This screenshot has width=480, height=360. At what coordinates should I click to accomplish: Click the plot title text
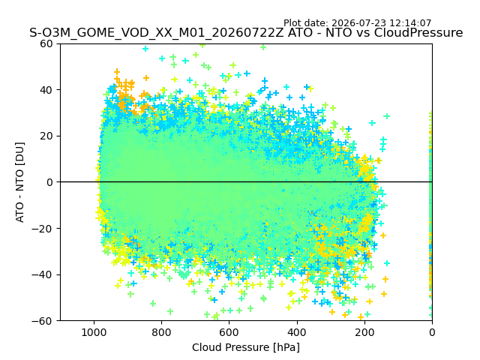click(246, 33)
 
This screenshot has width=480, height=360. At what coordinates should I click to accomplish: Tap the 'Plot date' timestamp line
click(357, 23)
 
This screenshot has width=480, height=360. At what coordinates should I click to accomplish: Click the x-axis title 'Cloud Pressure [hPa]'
click(246, 347)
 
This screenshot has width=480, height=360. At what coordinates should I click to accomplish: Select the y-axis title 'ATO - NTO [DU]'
click(20, 182)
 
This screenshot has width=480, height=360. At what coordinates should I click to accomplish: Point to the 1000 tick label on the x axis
click(94, 332)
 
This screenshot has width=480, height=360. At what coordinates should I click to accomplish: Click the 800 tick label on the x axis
click(161, 332)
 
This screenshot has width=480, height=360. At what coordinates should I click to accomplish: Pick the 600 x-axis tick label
click(229, 332)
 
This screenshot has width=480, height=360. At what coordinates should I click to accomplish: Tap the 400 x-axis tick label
click(297, 332)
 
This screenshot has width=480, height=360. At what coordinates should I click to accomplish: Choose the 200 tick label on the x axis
click(364, 332)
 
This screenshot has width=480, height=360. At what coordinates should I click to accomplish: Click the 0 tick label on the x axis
click(432, 332)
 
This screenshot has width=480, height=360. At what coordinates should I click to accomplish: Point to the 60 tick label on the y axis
click(46, 43)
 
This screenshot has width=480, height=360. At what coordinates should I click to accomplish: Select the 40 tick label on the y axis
click(46, 90)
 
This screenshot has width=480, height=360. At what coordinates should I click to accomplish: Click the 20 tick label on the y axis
click(46, 136)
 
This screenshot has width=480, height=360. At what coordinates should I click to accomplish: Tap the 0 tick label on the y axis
click(49, 182)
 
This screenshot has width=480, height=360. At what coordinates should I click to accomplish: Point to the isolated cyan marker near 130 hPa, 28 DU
click(387, 116)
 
